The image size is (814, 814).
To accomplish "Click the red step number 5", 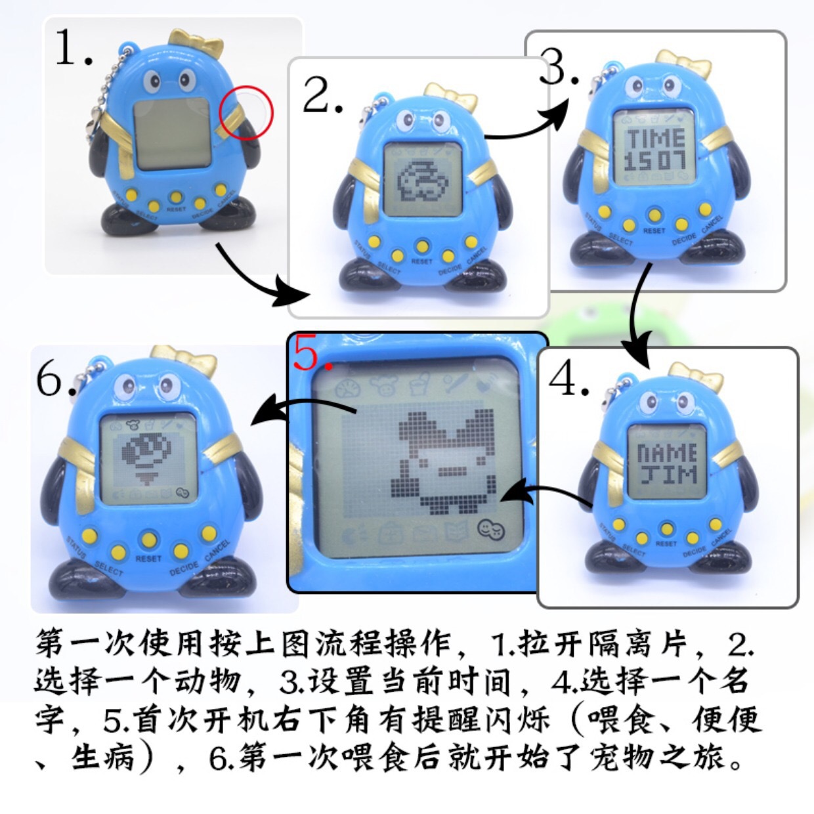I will (x=312, y=354).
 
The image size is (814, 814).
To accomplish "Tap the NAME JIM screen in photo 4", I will (x=667, y=463).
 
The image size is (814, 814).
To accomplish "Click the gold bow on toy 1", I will (x=196, y=43).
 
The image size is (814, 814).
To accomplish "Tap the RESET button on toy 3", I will (x=654, y=215).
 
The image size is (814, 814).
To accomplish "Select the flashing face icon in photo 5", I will (x=490, y=530).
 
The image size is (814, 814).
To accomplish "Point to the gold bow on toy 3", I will (x=684, y=62).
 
